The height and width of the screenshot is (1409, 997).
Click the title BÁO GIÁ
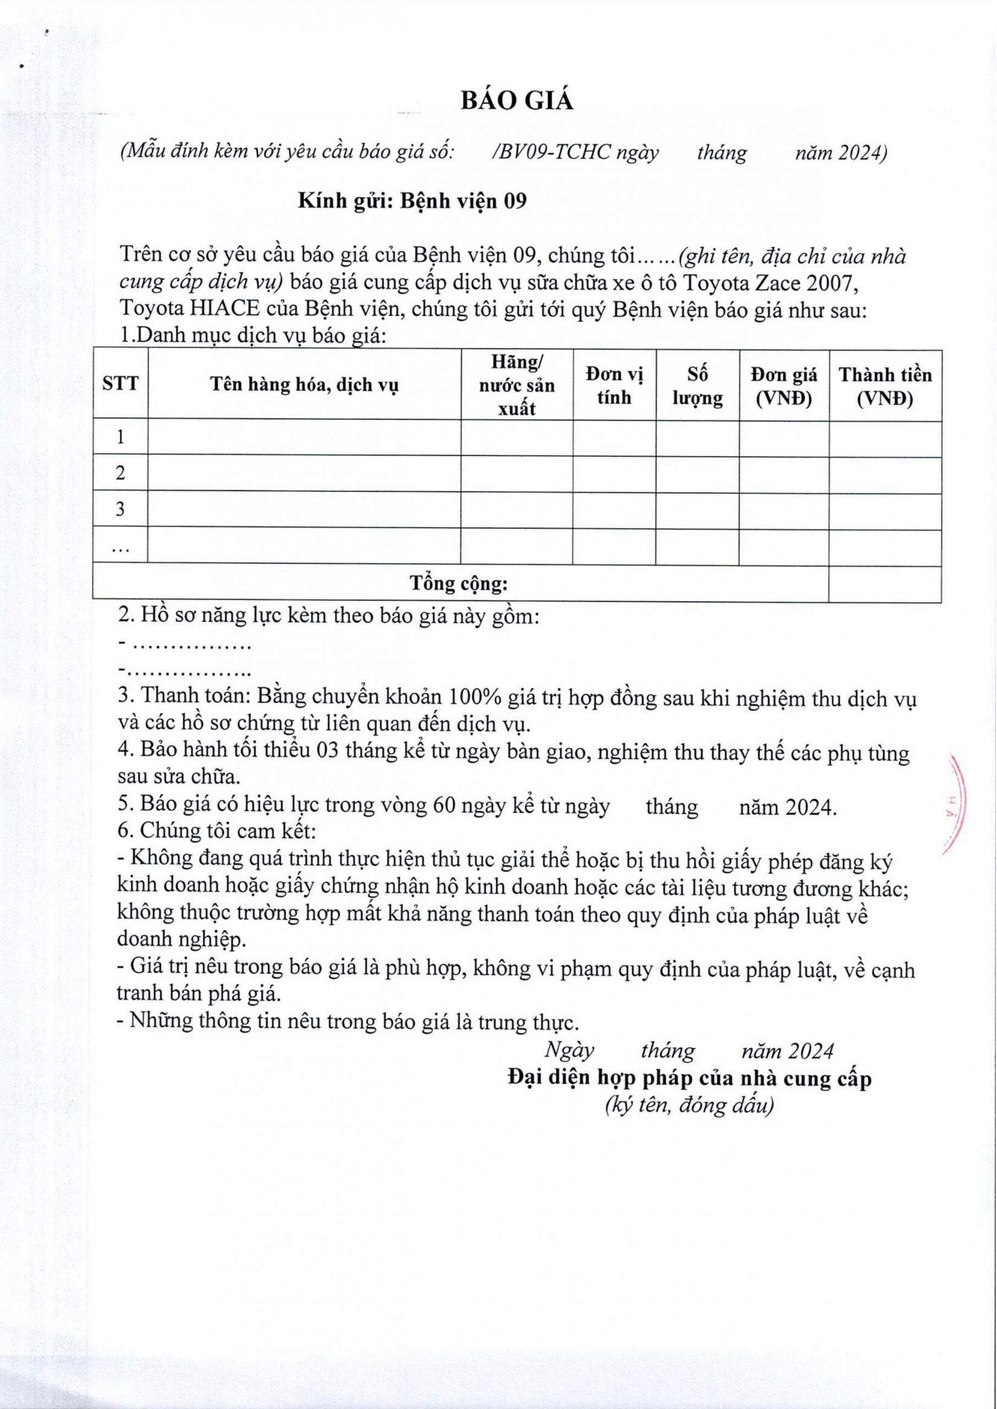click(517, 101)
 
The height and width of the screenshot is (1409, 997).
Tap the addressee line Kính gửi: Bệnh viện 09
click(412, 201)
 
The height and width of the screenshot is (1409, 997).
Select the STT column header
click(120, 384)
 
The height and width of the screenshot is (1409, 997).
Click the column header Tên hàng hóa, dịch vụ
click(304, 385)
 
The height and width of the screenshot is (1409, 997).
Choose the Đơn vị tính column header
click(614, 386)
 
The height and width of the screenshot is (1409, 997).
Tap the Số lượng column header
click(698, 386)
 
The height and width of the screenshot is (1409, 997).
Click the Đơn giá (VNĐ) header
click(784, 386)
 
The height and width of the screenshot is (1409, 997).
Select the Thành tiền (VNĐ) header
click(885, 386)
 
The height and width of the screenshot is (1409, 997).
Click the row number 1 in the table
click(120, 437)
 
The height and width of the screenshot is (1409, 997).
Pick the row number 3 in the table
click(120, 509)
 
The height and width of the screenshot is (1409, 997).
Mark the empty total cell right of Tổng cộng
click(885, 584)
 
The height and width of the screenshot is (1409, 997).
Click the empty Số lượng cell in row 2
click(698, 473)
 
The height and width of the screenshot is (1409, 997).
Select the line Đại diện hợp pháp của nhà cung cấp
click(689, 1078)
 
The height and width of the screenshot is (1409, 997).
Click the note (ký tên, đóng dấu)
click(689, 1105)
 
